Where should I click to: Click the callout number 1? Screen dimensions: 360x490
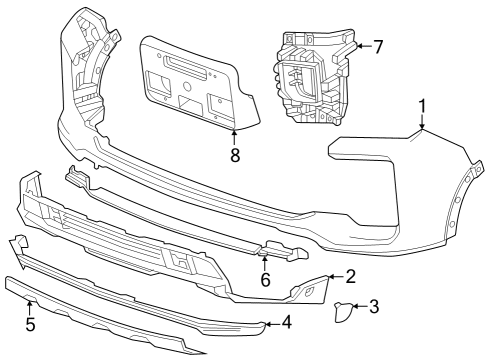click(x=422, y=105)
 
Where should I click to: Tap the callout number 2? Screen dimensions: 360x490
click(x=350, y=275)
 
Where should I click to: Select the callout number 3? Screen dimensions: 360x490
click(x=374, y=306)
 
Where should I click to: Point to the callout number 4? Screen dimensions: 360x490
click(x=287, y=322)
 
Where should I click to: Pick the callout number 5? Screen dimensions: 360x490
click(x=30, y=324)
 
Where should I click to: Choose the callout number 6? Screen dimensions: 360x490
click(x=265, y=283)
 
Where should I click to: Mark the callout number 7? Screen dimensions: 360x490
click(x=378, y=46)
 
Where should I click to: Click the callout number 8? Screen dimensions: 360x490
click(x=234, y=154)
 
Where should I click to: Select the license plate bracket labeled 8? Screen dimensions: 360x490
click(x=200, y=85)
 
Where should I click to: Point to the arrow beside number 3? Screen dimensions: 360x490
click(x=358, y=307)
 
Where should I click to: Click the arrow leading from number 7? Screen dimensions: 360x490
click(x=362, y=46)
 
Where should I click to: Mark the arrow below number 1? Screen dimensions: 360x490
click(x=422, y=122)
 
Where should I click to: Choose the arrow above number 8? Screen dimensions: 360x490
click(x=234, y=137)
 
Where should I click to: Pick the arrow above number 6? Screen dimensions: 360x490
click(x=265, y=265)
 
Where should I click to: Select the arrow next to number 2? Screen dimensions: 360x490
click(x=334, y=276)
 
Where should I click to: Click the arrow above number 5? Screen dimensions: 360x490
click(x=30, y=307)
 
